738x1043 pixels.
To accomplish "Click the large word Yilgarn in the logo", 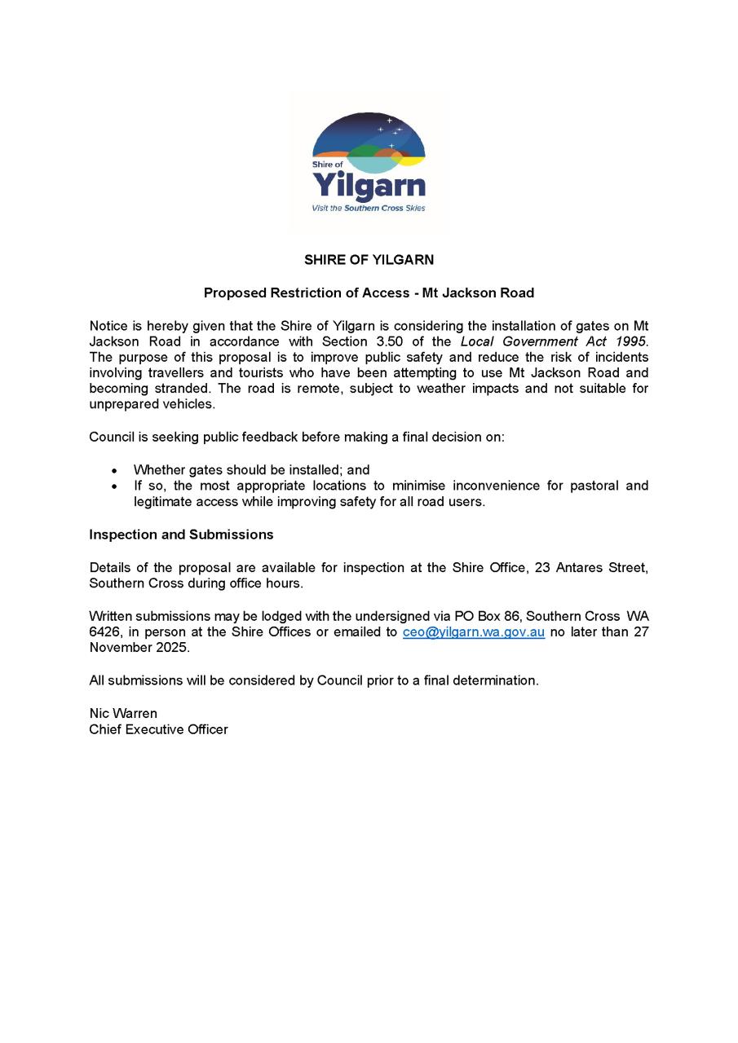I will [369, 186].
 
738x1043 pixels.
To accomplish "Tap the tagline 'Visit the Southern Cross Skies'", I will [369, 209].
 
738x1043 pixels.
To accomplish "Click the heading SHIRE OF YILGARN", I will [369, 260].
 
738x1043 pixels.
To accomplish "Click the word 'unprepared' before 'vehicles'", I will [122, 404].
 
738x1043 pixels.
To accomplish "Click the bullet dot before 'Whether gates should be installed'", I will [115, 471].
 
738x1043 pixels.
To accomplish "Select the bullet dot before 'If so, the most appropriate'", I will [115, 486].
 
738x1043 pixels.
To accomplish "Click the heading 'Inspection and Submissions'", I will [181, 535].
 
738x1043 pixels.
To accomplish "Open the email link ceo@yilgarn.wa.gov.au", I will [474, 632].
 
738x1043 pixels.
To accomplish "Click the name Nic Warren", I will [123, 714].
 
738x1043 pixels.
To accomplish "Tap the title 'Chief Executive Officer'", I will [158, 729].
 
